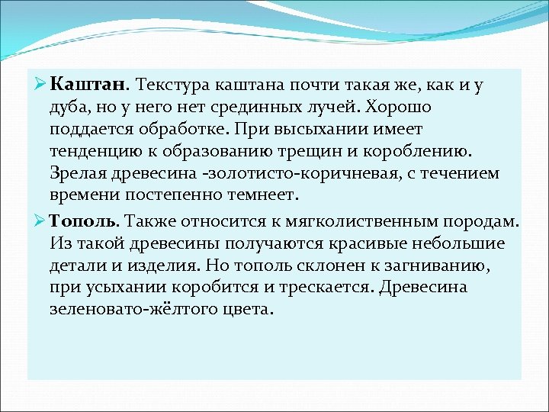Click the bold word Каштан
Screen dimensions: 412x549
(x=92, y=85)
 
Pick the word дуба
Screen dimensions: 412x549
(x=69, y=108)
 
